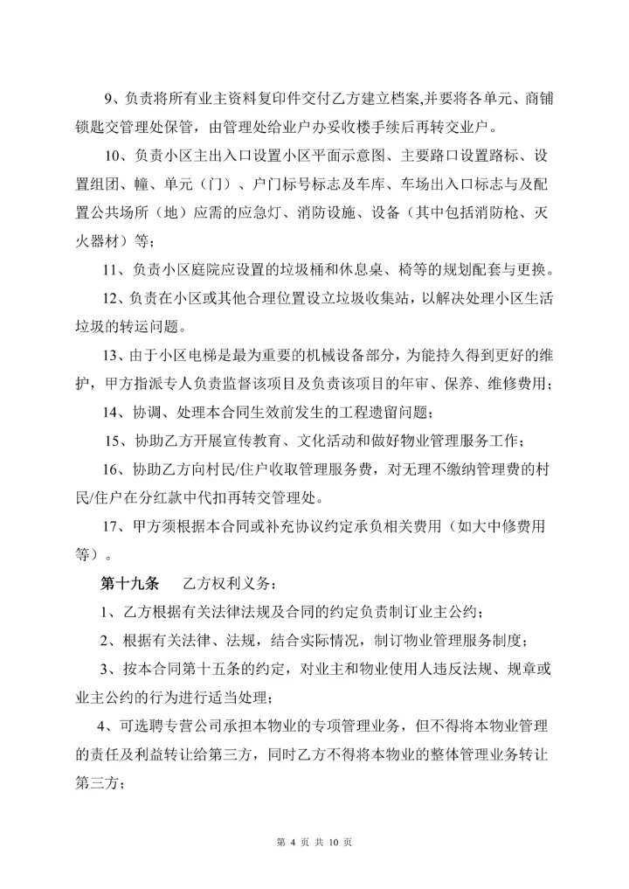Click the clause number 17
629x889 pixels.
[112, 527]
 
